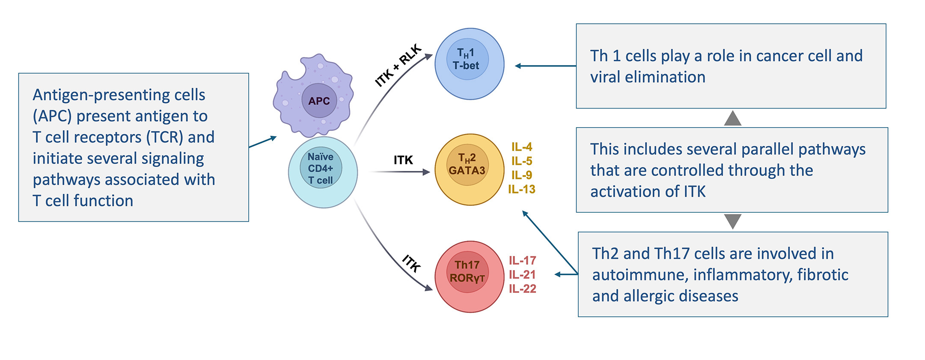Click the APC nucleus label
click(x=319, y=101)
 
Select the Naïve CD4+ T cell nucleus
click(x=321, y=168)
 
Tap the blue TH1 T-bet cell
click(x=470, y=64)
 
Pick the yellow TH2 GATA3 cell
click(x=470, y=170)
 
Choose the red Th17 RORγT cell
click(x=470, y=277)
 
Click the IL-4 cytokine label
click(x=522, y=147)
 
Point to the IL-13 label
click(x=522, y=189)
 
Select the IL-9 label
click(x=522, y=175)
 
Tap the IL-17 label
click(x=523, y=260)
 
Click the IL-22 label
click(x=523, y=289)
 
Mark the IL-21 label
click(x=523, y=274)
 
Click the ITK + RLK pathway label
click(x=398, y=65)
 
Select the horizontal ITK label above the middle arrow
click(x=403, y=160)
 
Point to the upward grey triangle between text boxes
click(x=733, y=118)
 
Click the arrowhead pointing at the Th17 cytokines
click(x=558, y=274)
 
